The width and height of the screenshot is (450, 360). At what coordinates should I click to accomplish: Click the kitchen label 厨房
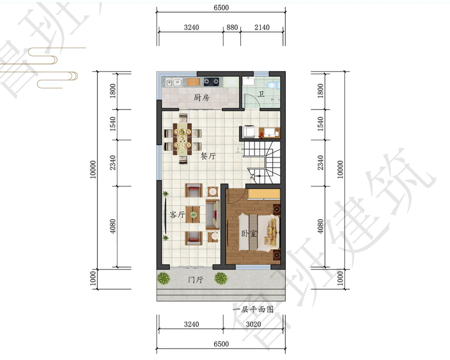202,98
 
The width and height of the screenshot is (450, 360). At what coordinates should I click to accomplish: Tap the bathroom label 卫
261,94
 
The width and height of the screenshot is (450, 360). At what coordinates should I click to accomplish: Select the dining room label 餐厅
208,157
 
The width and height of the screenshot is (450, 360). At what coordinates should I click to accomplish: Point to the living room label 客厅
177,215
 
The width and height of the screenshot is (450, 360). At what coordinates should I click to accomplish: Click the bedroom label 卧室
249,234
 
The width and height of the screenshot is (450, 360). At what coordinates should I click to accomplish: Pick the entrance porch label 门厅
196,279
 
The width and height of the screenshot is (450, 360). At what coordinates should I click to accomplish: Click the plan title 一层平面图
253,310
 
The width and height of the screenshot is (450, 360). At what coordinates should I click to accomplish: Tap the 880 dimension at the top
232,27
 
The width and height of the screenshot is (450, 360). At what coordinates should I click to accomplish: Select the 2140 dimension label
262,27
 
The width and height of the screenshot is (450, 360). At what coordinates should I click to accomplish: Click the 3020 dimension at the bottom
254,324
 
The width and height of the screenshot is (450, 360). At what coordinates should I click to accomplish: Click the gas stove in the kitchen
211,82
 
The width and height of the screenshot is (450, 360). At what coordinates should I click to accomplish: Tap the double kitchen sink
174,83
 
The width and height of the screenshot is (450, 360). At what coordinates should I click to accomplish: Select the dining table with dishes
182,139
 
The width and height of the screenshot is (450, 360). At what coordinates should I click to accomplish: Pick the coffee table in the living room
193,215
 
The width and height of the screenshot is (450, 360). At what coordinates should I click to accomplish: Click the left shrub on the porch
163,278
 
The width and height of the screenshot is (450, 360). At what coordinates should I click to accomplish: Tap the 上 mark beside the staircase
238,149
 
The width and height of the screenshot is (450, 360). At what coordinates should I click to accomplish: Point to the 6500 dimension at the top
221,8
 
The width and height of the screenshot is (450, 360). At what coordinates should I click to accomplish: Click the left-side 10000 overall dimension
93,170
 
